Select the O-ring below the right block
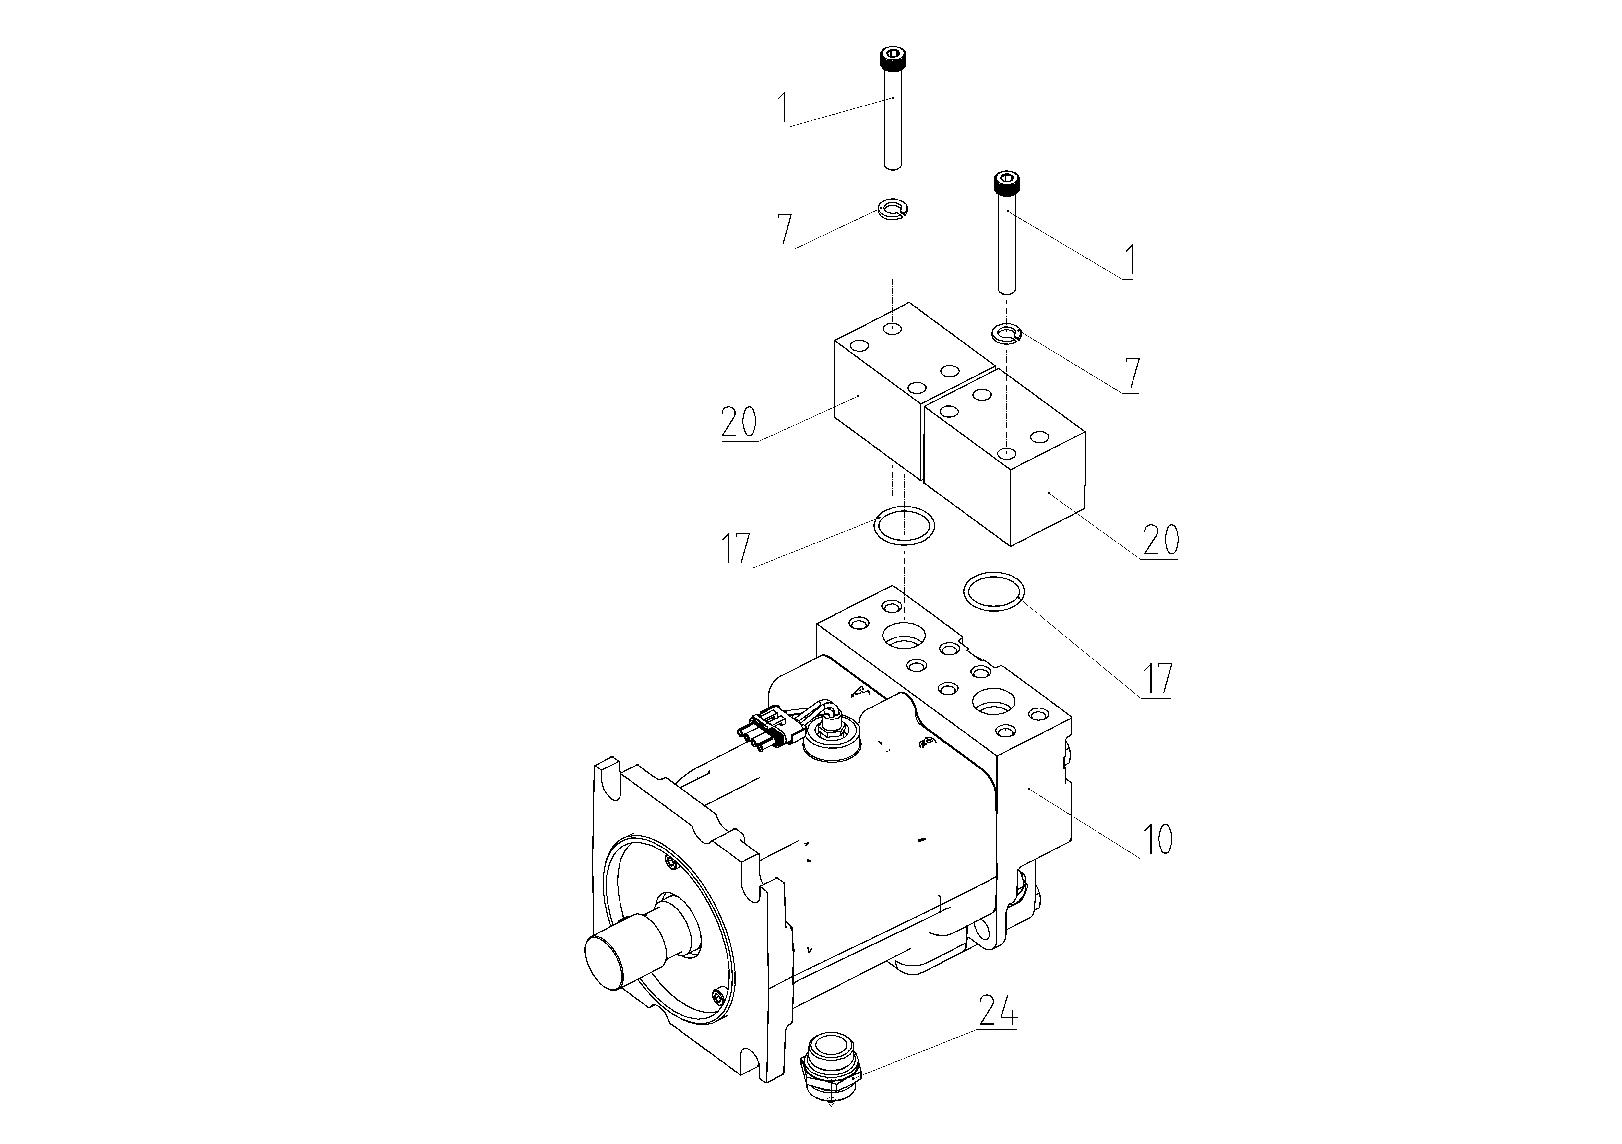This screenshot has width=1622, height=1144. tap(993, 590)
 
